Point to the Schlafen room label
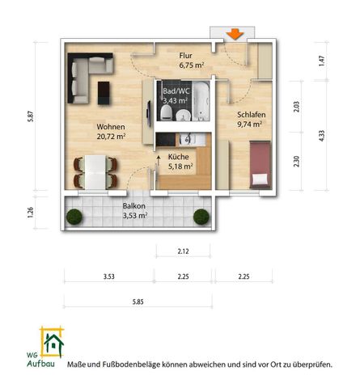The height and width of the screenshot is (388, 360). pos(251,115)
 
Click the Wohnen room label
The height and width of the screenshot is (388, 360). pos(110,127)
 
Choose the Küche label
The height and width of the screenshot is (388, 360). pos(179,158)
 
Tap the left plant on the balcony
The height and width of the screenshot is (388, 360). pos(74,217)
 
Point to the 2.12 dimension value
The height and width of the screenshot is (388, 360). pos(183,252)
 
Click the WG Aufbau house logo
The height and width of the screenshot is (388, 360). pos(53,344)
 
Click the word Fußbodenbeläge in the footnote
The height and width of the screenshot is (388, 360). pos(132,365)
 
